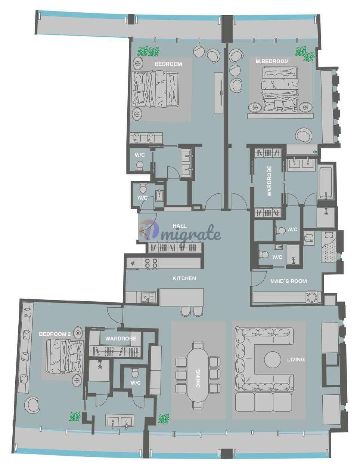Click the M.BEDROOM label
pyautogui.click(x=272, y=61)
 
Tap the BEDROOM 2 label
pyautogui.click(x=55, y=334)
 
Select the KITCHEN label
pyautogui.click(x=184, y=278)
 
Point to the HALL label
pyautogui.click(x=180, y=226)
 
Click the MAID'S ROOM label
pyautogui.click(x=289, y=281)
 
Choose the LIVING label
pyautogui.click(x=296, y=360)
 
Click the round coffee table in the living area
pyautogui.click(x=273, y=360)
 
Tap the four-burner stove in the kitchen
pyautogui.click(x=151, y=263)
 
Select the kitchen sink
pyautogui.click(x=148, y=298)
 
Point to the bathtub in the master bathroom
pyautogui.click(x=326, y=183)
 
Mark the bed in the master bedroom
pyautogui.click(x=280, y=90)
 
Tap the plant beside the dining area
pyautogui.click(x=164, y=418)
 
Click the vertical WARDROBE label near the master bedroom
pyautogui.click(x=269, y=181)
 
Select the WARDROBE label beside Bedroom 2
pyautogui.click(x=121, y=339)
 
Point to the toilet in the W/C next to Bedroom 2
pyautogui.click(x=135, y=372)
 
